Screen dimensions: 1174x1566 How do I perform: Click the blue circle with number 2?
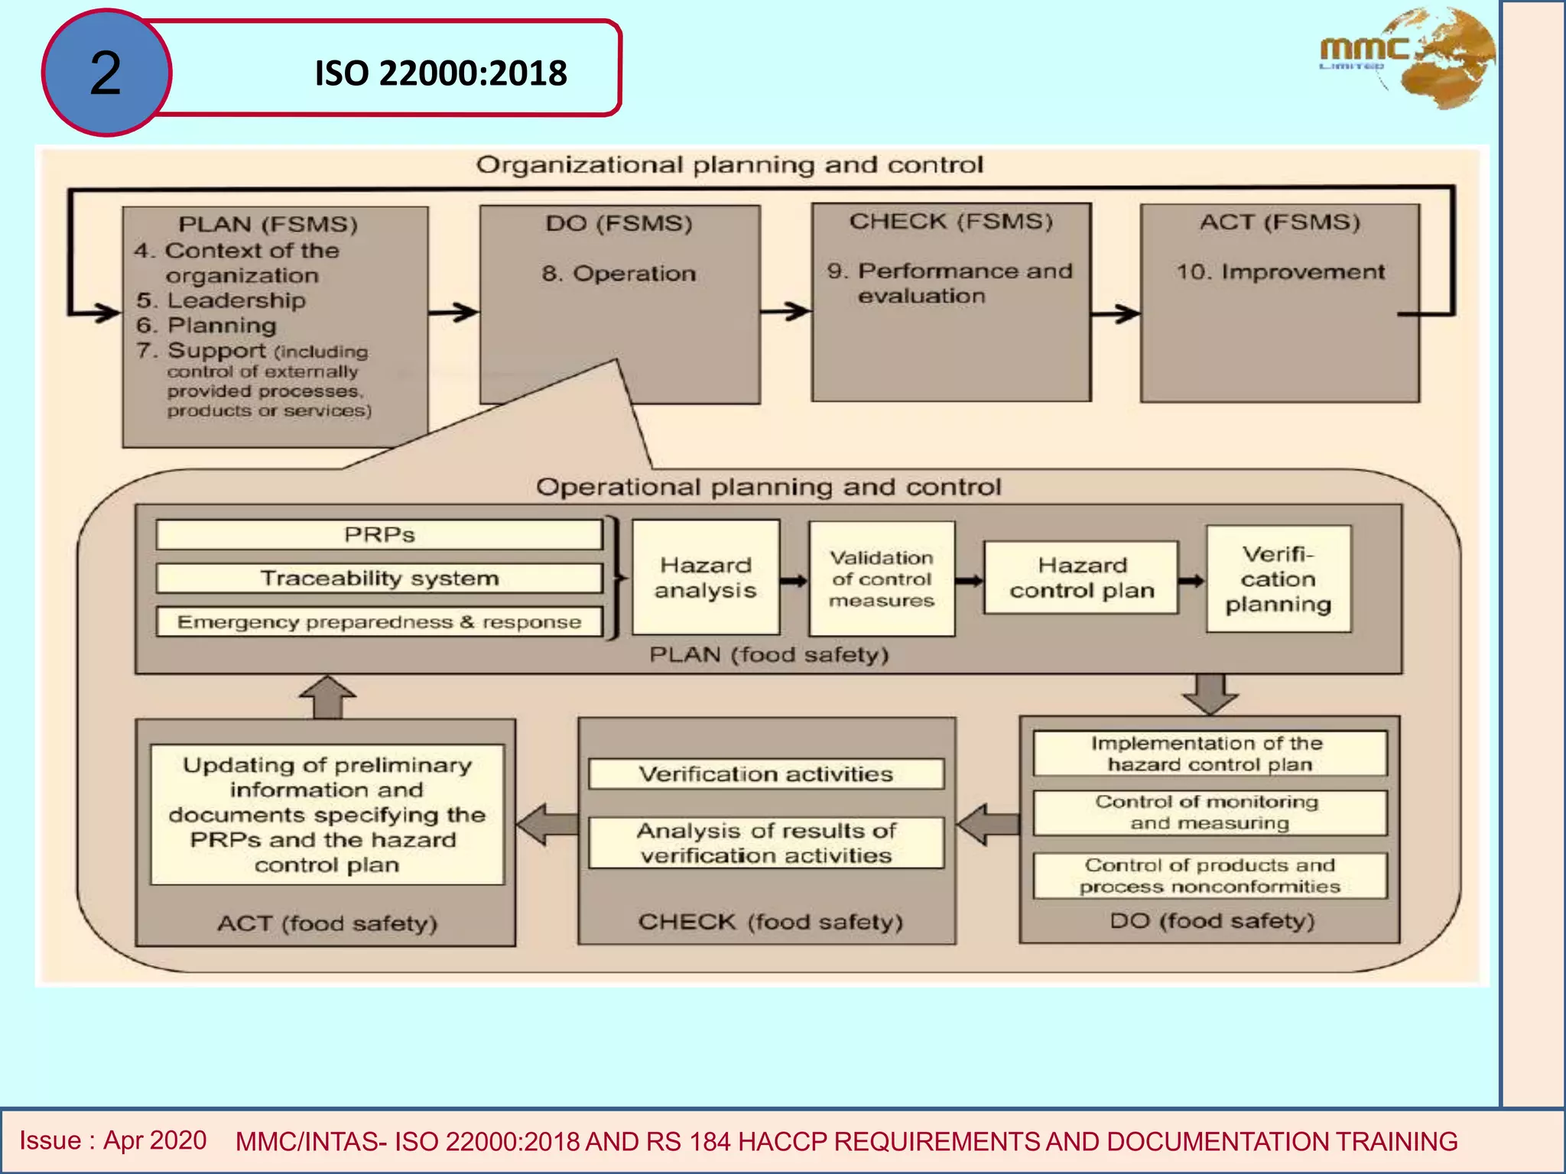106,73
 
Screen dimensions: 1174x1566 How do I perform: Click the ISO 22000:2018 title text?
440,73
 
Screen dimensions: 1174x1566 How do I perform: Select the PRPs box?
379,534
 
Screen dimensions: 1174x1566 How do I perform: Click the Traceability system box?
379,579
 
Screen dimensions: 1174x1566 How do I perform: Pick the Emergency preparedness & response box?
379,622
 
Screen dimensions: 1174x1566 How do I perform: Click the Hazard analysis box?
705,578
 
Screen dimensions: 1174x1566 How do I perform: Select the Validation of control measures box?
882,579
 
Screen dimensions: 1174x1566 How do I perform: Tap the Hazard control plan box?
1081,578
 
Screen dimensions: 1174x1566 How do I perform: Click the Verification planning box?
1278,579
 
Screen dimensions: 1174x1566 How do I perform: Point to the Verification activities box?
765,774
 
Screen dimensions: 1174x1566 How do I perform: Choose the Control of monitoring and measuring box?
1209,812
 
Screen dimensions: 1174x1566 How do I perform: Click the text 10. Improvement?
1280,272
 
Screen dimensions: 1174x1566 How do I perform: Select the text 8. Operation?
619,274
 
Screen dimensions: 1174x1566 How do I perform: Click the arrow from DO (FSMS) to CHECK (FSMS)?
785,311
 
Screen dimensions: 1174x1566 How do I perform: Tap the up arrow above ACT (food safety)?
327,696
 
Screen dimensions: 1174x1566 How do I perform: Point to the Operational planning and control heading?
768,487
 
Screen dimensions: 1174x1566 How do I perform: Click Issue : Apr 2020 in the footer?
113,1140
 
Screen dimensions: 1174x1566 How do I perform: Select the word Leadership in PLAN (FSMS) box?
236,300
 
